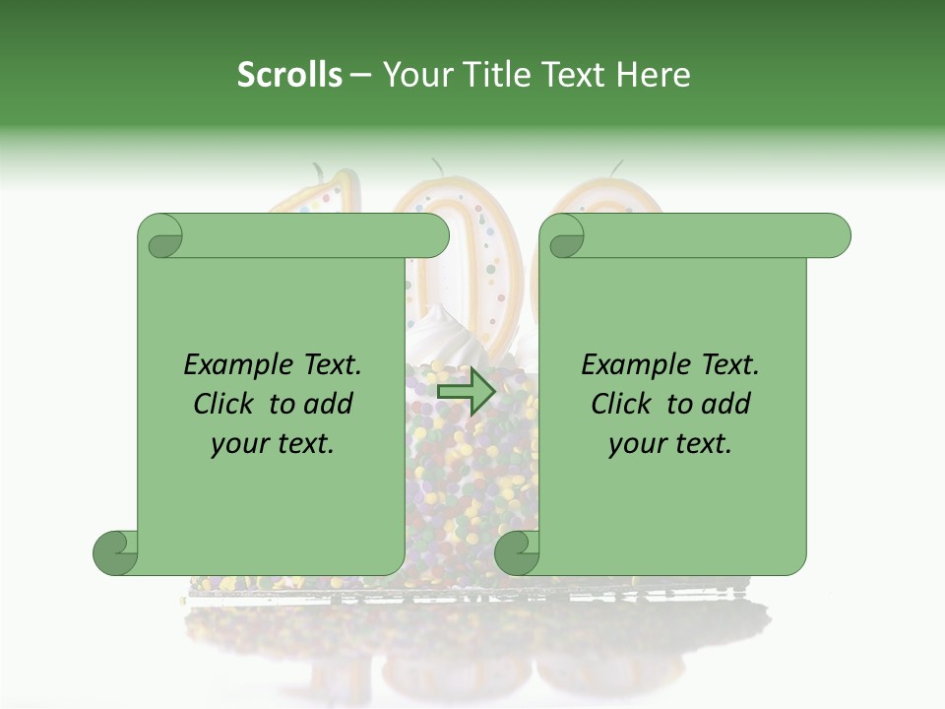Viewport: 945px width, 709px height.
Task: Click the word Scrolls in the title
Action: tap(289, 75)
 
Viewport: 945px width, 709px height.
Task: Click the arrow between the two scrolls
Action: tap(467, 392)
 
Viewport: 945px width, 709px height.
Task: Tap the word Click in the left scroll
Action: tap(227, 404)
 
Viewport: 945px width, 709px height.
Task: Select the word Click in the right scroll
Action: tap(625, 404)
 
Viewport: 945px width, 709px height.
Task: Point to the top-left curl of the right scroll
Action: tap(565, 237)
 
